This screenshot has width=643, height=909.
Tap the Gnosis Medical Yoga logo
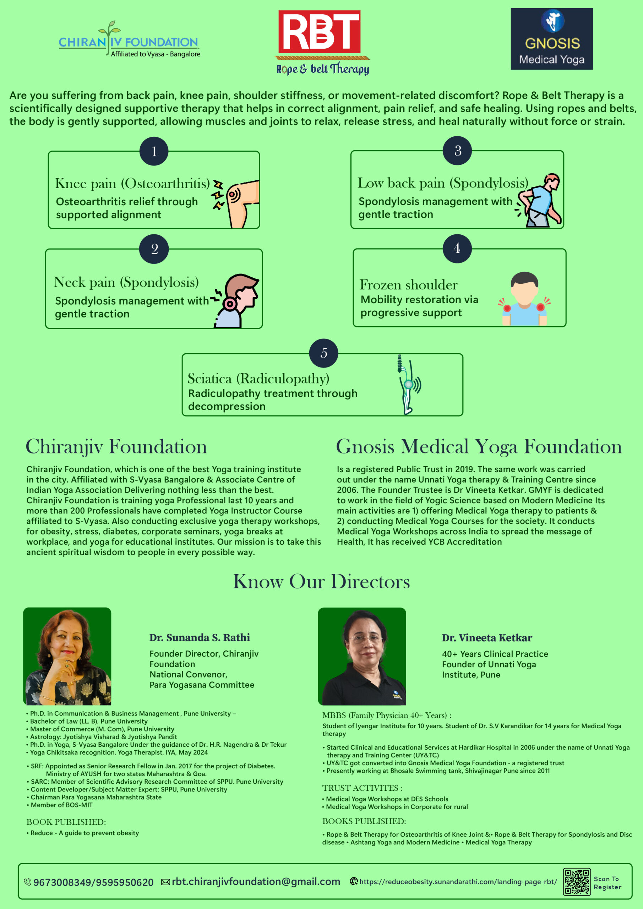551,39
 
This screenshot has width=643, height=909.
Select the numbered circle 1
154,151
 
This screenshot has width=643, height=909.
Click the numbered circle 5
323,353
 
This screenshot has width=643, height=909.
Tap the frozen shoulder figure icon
524,299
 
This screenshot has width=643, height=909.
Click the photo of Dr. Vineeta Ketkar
362,656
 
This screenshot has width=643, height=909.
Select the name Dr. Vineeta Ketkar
487,638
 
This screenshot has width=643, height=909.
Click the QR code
577,882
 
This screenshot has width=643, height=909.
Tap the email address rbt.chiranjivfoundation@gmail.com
256,882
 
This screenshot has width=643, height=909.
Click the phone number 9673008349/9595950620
93,882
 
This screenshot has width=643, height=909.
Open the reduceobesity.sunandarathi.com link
458,882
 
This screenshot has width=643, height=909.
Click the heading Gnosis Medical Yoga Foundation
479,447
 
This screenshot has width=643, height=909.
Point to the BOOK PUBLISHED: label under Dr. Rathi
66,822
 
